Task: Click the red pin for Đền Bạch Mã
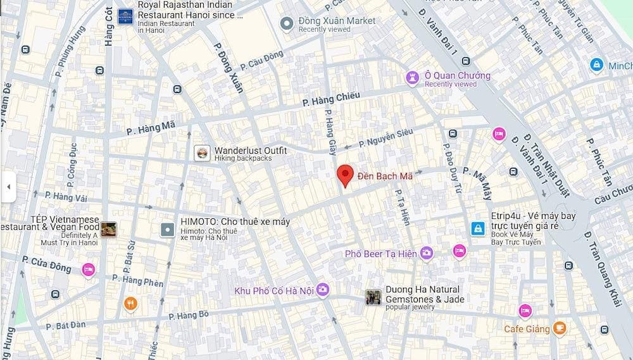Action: tap(344, 175)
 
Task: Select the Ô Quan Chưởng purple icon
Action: tap(413, 77)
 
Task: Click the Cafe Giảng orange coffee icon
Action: tap(559, 328)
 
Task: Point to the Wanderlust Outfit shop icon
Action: tap(202, 153)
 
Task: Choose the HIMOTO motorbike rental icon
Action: tap(167, 229)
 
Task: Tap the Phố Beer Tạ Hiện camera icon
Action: tap(427, 253)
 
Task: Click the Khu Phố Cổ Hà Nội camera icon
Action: tap(323, 290)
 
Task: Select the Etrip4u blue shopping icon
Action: tap(478, 228)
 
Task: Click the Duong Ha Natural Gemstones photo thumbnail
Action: tap(373, 296)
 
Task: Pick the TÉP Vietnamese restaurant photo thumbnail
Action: tap(108, 229)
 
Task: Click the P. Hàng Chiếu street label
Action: tap(331, 99)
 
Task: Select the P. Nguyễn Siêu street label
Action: tap(385, 137)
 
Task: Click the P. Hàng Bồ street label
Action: tap(188, 314)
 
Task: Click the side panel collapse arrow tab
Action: tap(8, 187)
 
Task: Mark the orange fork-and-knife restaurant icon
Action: tap(131, 304)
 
